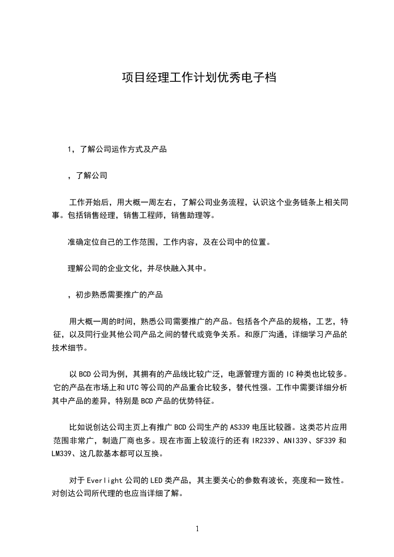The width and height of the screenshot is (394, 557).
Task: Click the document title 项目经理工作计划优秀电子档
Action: (x=199, y=78)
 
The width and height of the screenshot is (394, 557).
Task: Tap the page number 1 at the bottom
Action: (x=197, y=529)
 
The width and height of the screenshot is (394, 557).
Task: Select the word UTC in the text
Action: (x=133, y=387)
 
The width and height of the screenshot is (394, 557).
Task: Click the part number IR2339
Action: (x=264, y=440)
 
